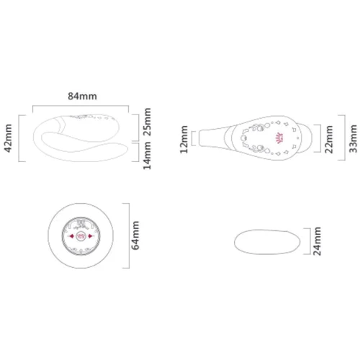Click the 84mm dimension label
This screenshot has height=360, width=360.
pyautogui.click(x=82, y=96)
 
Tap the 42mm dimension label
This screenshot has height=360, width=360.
pyautogui.click(x=8, y=138)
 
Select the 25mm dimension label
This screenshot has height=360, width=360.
pyautogui.click(x=147, y=122)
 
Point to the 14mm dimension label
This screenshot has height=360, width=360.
pyautogui.click(x=147, y=156)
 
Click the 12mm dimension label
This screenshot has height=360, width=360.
pyautogui.click(x=184, y=139)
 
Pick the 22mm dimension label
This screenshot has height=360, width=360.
pyautogui.click(x=329, y=139)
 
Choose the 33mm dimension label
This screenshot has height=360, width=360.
pyautogui.click(x=353, y=139)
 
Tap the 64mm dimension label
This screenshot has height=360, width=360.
pyautogui.click(x=135, y=235)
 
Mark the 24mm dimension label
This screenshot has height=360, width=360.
pyautogui.click(x=317, y=241)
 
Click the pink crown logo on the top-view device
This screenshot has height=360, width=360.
pyautogui.click(x=280, y=138)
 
